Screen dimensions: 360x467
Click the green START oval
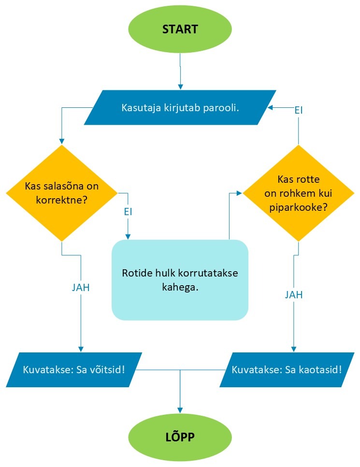[180, 29]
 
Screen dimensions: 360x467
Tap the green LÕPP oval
[180, 437]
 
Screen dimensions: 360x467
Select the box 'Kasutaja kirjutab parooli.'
[180, 107]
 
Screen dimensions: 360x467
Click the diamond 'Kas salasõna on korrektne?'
[62, 193]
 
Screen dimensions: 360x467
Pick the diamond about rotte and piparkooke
[298, 193]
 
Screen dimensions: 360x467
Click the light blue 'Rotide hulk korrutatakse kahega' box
[180, 280]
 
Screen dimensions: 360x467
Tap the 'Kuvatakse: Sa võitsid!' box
[74, 370]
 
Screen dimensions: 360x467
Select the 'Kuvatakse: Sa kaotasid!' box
[287, 370]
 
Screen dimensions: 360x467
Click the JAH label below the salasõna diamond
[81, 288]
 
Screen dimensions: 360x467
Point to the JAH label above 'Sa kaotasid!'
[294, 295]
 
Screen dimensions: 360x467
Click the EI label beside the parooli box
[298, 111]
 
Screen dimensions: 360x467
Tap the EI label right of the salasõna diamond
[128, 212]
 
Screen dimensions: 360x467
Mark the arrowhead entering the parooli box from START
[180, 87]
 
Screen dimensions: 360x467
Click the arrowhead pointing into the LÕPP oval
[180, 410]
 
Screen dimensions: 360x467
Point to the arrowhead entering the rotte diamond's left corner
[239, 193]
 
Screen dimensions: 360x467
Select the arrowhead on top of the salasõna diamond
[62, 142]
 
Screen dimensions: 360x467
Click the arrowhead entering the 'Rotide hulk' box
[128, 236]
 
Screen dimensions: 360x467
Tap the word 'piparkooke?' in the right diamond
[298, 207]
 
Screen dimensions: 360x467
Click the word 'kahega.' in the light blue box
[180, 288]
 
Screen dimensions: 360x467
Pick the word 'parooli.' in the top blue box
[221, 107]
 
